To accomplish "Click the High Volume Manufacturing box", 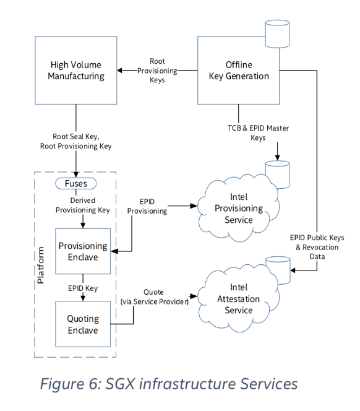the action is (x=76, y=70).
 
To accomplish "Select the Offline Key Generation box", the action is (x=238, y=70).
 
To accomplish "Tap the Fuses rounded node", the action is (x=75, y=183).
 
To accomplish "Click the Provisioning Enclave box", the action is (x=83, y=251).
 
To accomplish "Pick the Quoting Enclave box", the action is (x=83, y=324).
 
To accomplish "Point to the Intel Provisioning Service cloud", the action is (x=238, y=208).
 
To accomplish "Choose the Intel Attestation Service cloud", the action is (x=238, y=298).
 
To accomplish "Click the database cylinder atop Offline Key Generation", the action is (x=278, y=34).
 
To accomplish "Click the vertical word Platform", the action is (x=41, y=265).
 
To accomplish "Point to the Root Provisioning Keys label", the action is (x=157, y=71).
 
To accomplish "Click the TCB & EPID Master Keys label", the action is (x=258, y=132).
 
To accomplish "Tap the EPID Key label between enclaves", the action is (x=83, y=288).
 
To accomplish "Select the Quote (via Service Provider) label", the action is (x=154, y=297).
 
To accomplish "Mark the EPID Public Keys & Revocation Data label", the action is (x=317, y=247).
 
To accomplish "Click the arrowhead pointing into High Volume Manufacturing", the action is (x=119, y=70).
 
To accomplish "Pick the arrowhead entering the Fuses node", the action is (x=76, y=175).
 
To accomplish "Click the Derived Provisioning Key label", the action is (x=82, y=205).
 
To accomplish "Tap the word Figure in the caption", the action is (x=62, y=384).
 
